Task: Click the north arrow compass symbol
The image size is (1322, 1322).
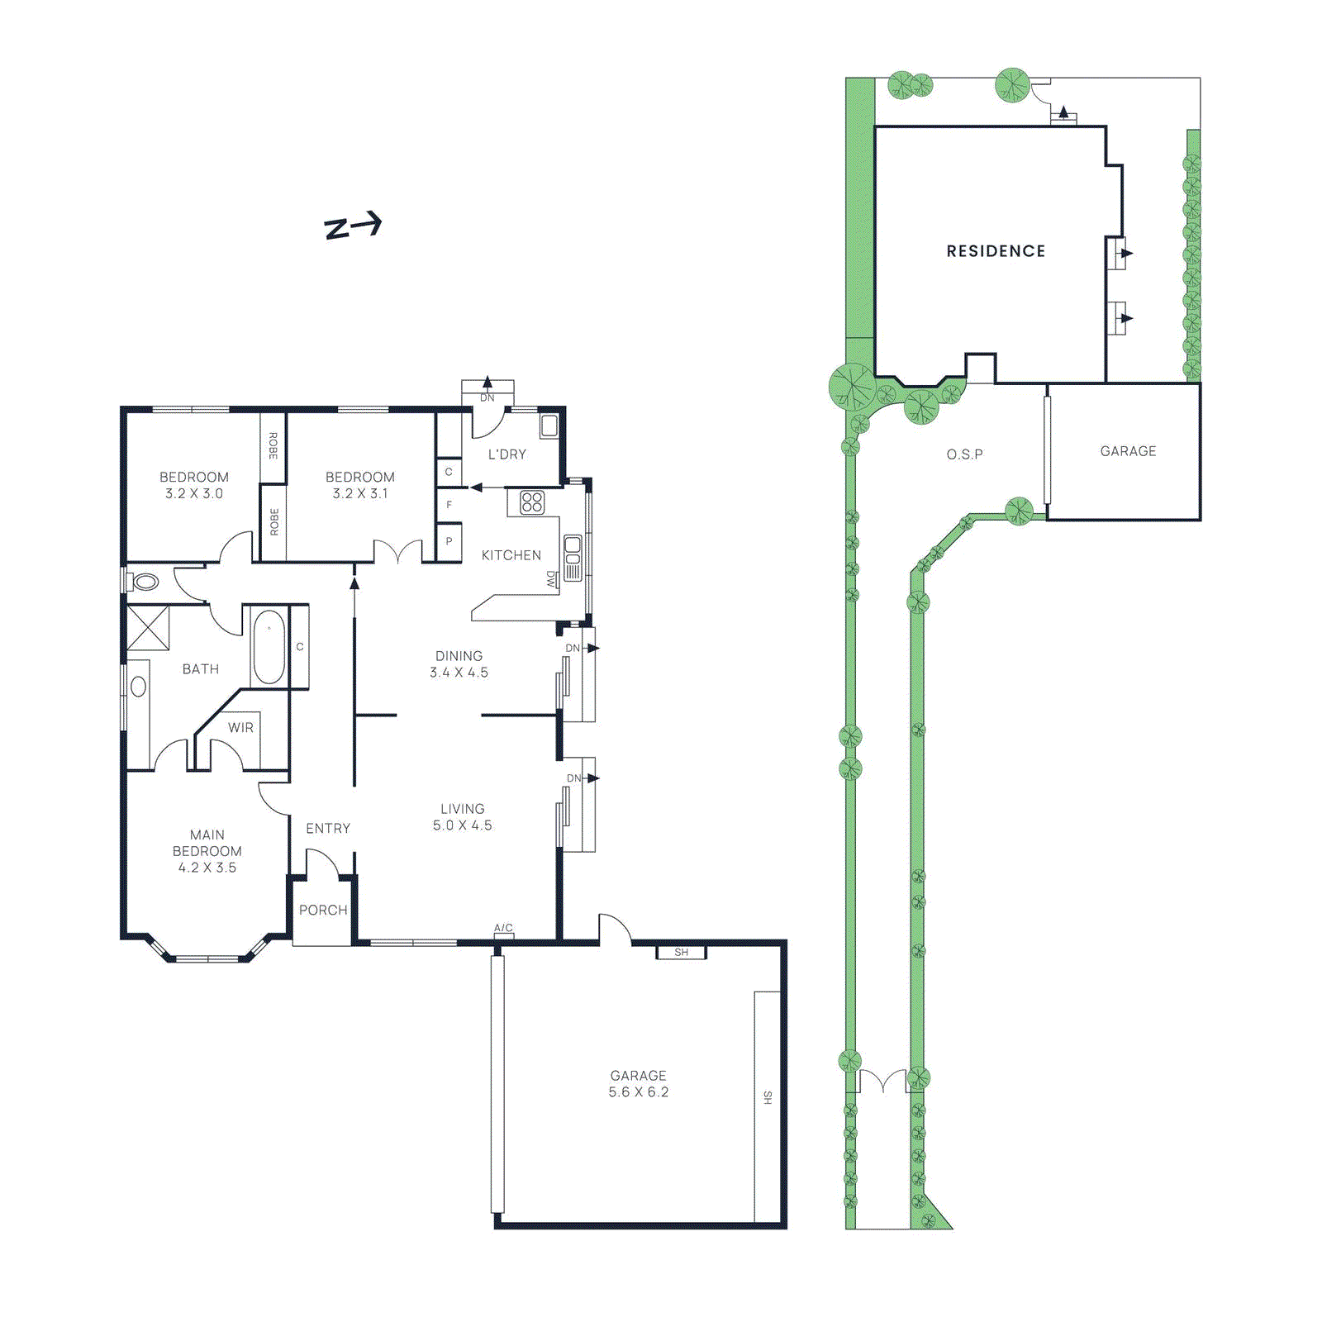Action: [x=353, y=226]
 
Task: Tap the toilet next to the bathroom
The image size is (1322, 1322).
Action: [x=145, y=582]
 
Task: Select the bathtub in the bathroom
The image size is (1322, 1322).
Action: [x=269, y=647]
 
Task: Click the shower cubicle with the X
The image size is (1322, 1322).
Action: [x=148, y=627]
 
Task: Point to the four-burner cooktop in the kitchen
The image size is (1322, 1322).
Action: [x=531, y=502]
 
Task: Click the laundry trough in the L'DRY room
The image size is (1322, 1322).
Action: [x=549, y=426]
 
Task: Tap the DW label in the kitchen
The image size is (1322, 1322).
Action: [x=551, y=579]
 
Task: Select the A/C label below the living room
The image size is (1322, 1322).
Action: [x=503, y=928]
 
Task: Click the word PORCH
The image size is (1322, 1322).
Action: [x=323, y=910]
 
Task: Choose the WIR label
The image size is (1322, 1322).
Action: [x=240, y=727]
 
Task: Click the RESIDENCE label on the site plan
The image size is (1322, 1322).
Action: [x=996, y=251]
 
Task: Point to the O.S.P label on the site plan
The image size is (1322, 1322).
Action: [x=964, y=454]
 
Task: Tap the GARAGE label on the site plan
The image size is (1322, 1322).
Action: [x=1128, y=451]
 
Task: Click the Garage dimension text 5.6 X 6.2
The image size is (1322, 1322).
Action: [x=638, y=1091]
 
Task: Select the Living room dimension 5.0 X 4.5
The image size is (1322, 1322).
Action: [x=462, y=825]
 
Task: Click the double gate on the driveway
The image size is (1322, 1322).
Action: [x=882, y=1082]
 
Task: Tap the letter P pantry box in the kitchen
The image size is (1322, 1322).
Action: [x=449, y=542]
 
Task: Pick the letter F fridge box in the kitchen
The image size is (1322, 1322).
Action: [x=449, y=504]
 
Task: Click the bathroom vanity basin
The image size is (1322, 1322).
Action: [x=138, y=686]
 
